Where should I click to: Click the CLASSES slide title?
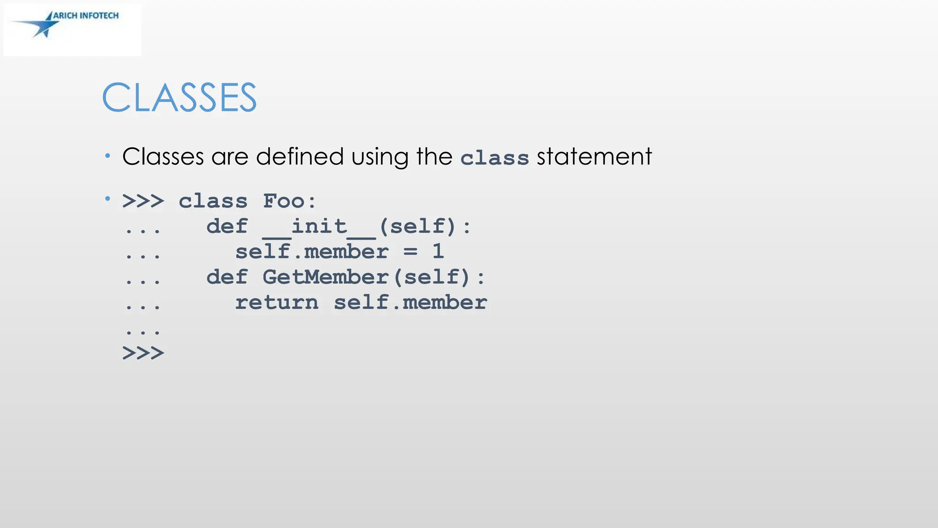tap(179, 98)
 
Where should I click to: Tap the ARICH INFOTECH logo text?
tap(86, 16)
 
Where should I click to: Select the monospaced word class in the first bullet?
tap(495, 158)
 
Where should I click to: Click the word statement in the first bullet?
tap(594, 156)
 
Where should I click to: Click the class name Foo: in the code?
tap(289, 201)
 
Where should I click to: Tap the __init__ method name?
tap(319, 226)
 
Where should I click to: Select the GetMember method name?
tap(326, 277)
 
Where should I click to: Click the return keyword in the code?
tap(277, 302)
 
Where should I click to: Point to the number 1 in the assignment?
tap(438, 252)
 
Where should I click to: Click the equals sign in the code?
tap(410, 252)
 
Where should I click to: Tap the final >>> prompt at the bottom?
tap(143, 353)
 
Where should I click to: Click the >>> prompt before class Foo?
tap(143, 201)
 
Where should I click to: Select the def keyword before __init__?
tap(227, 226)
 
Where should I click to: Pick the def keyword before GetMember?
tap(227, 277)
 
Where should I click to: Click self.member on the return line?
tap(410, 302)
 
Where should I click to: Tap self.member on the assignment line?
tap(312, 252)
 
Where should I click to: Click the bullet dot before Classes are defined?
tap(108, 156)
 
